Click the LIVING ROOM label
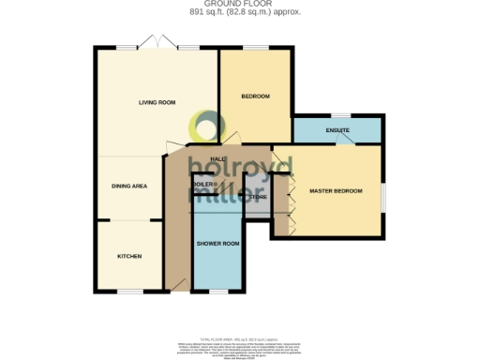pyautogui.click(x=157, y=102)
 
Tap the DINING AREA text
pyautogui.click(x=130, y=186)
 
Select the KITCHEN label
pyautogui.click(x=129, y=256)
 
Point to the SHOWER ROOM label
pyautogui.click(x=217, y=244)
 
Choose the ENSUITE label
pyautogui.click(x=337, y=129)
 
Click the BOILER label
pyautogui.click(x=203, y=185)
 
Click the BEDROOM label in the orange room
pyautogui.click(x=255, y=97)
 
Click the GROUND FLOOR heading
pyautogui.click(x=239, y=4)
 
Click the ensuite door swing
pyautogui.click(x=346, y=140)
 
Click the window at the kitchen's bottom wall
pyautogui.click(x=130, y=292)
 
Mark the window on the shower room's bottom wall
pyautogui.click(x=217, y=292)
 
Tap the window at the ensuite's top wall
pyautogui.click(x=337, y=117)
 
